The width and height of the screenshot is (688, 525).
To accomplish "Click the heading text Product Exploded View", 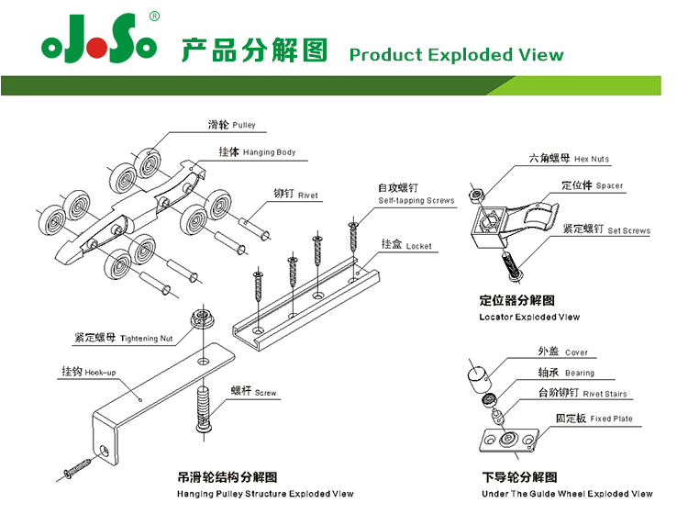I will point(456,54).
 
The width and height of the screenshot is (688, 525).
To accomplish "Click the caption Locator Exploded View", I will point(529,317).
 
